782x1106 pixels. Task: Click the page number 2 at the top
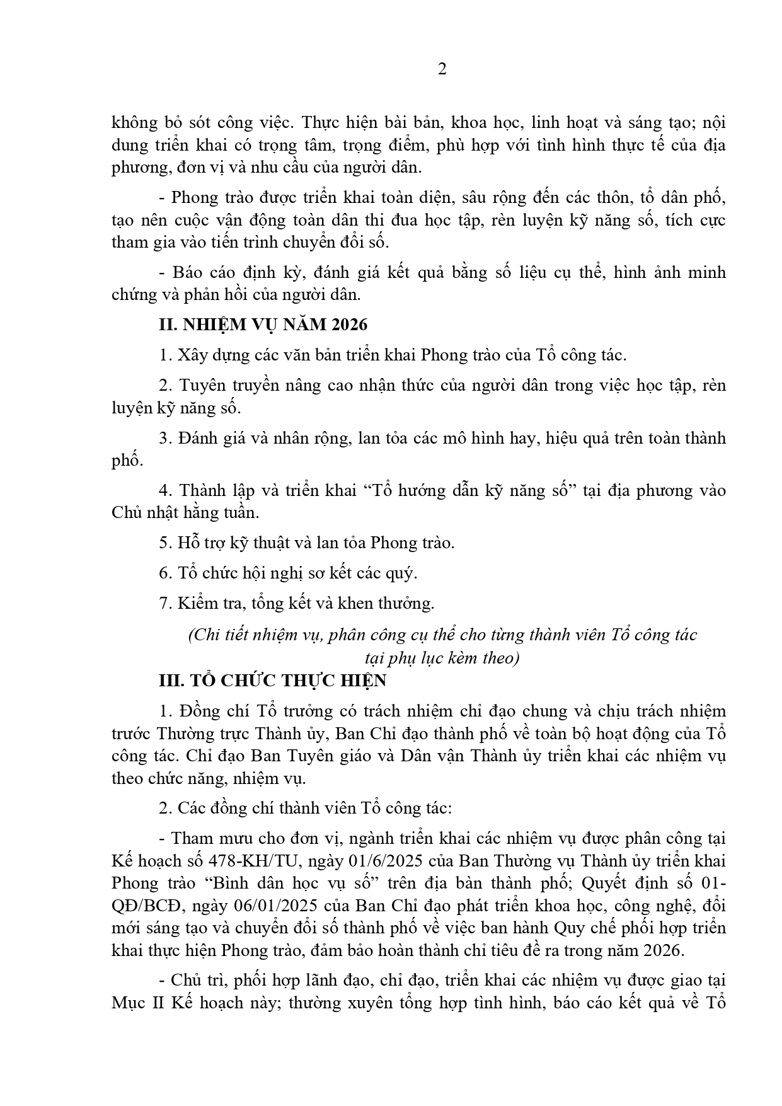(x=442, y=70)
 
